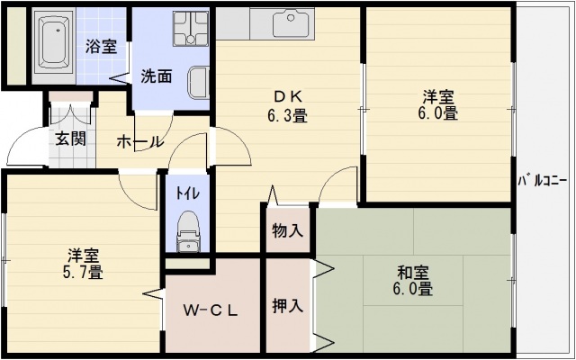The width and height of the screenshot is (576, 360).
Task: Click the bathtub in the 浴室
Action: [x=53, y=42]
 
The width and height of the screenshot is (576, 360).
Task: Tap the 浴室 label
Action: [x=101, y=47]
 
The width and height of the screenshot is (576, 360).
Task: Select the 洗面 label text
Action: [x=157, y=76]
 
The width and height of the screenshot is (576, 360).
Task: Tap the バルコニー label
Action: [x=545, y=182]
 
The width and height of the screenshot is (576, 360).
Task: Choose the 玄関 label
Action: [x=70, y=139]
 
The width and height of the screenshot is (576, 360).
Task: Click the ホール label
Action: [x=139, y=141]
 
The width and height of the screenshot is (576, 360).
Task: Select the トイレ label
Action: [x=187, y=192]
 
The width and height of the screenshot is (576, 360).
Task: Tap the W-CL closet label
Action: [x=211, y=311]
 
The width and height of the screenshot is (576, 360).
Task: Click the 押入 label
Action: [x=288, y=306]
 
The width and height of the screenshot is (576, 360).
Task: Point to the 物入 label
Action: [x=288, y=230]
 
